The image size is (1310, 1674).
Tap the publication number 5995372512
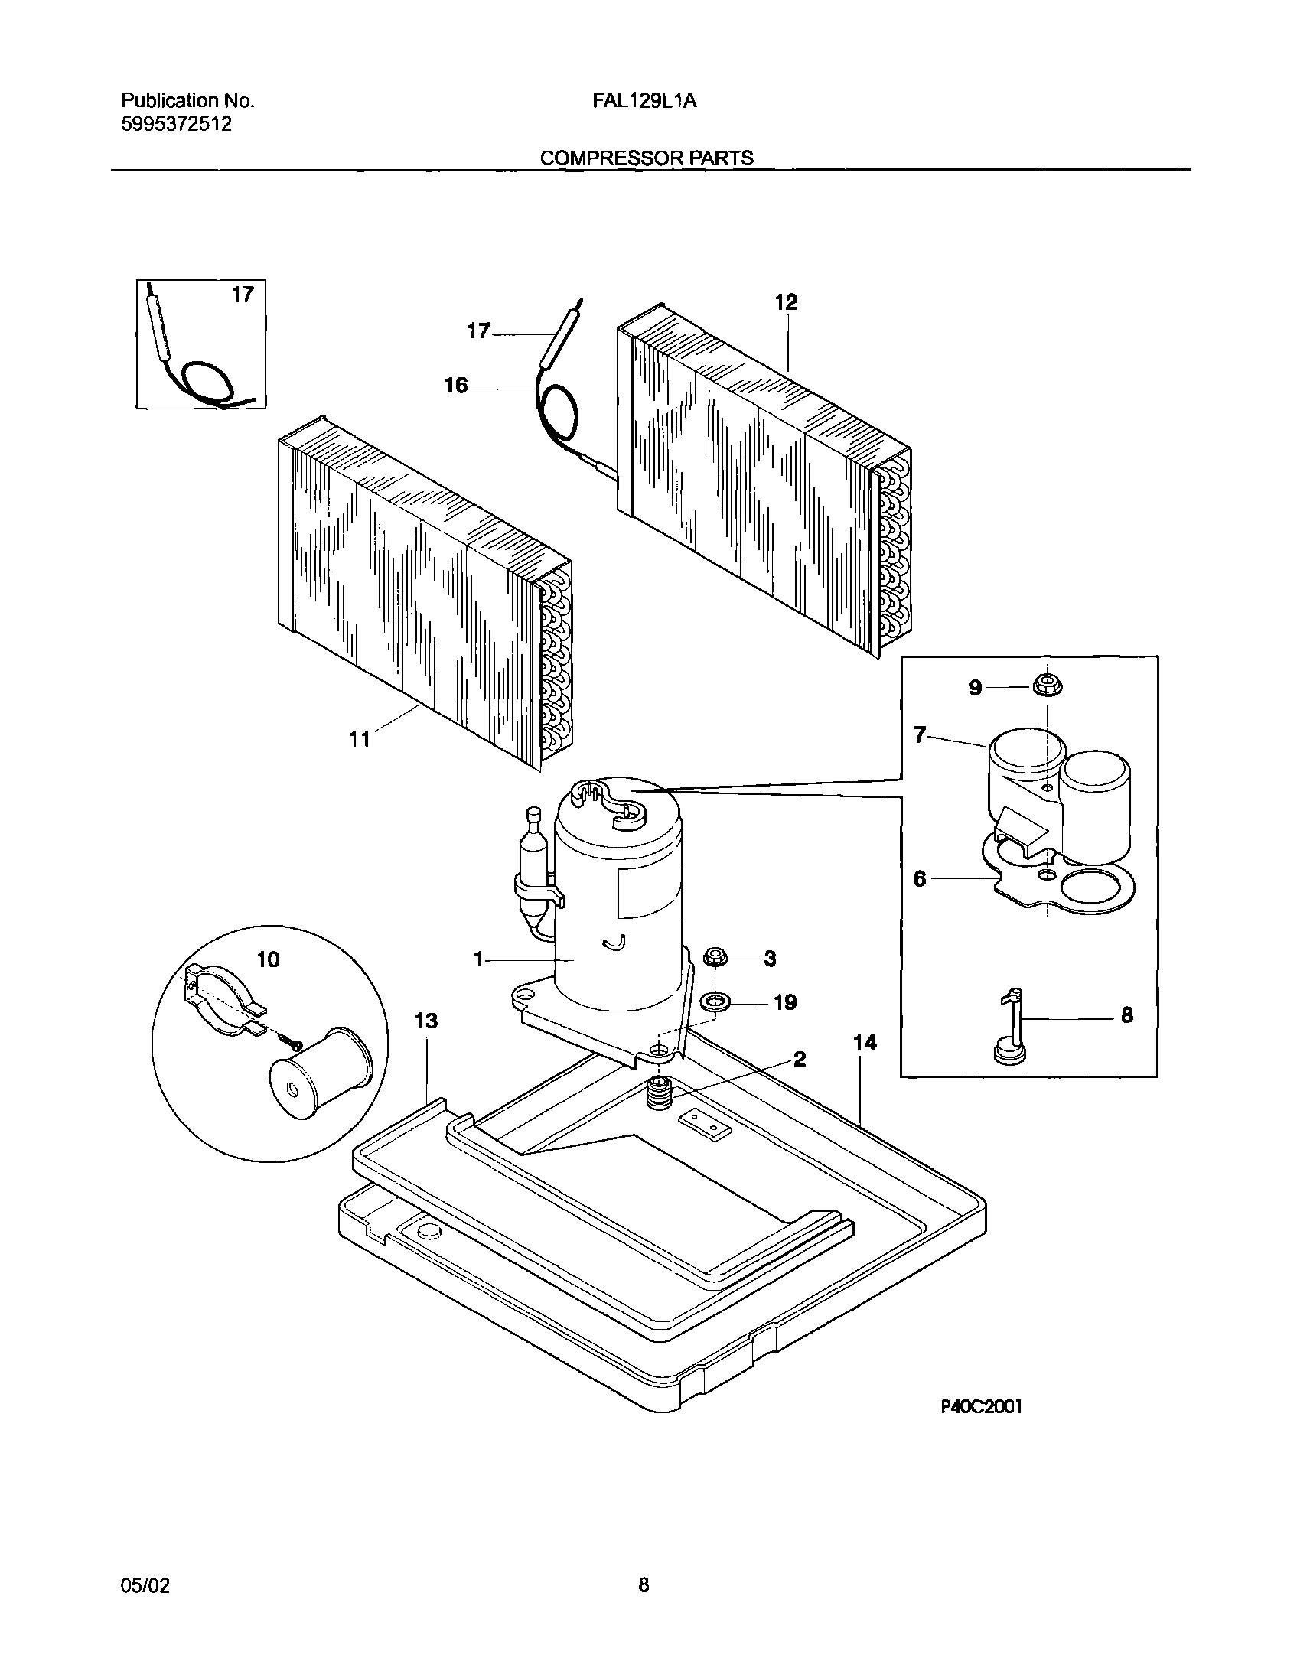click(177, 123)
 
